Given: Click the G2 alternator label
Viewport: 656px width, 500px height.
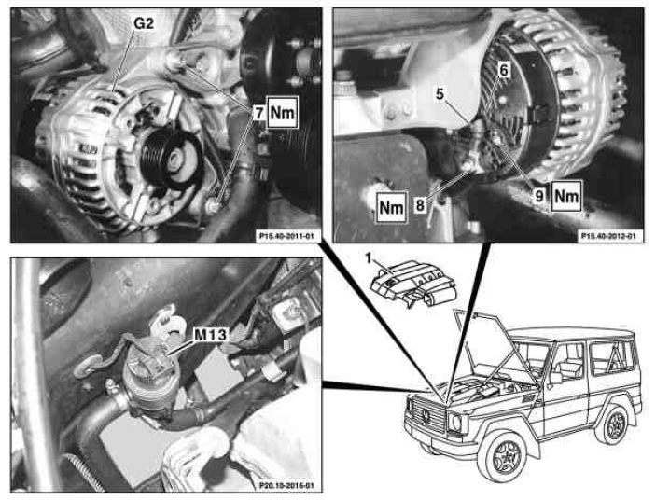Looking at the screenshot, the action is point(144,23).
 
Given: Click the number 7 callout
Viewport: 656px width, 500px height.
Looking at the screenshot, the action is point(259,113).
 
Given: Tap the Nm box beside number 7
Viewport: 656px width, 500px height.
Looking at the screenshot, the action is point(283,113).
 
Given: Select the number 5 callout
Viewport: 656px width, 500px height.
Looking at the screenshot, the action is point(440,94).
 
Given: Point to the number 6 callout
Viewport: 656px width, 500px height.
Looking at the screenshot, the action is point(504,70).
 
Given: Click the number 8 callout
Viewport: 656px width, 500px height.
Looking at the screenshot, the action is point(420,205).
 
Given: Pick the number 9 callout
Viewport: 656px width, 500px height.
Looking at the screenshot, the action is point(539,195).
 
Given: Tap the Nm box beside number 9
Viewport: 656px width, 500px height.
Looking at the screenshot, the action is point(566,196).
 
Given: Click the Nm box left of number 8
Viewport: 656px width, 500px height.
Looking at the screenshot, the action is point(392,207).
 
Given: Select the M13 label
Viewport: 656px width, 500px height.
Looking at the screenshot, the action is point(211,335).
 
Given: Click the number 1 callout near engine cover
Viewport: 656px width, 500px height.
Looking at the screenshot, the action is point(369,259).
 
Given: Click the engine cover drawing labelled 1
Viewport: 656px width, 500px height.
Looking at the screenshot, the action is point(413,285).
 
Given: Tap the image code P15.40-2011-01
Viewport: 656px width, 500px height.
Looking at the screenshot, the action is point(286,236).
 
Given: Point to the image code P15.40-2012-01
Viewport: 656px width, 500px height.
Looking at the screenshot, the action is point(608,236).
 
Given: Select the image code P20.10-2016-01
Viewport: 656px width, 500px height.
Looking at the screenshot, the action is point(286,486).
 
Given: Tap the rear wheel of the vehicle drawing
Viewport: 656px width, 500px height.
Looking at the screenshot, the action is point(616,425).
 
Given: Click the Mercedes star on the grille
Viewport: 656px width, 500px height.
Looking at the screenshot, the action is point(426,415).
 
